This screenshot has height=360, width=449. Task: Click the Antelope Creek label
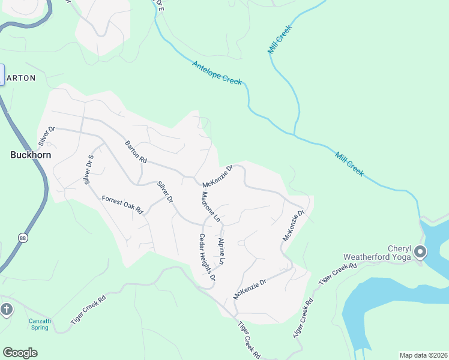click(x=217, y=73)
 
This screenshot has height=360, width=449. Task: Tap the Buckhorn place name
click(x=31, y=155)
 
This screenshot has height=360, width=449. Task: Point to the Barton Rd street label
click(x=136, y=152)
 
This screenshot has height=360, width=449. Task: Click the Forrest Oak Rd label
click(x=122, y=205)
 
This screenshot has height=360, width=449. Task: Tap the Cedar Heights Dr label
click(x=207, y=257)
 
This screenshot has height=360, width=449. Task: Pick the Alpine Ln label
click(x=221, y=251)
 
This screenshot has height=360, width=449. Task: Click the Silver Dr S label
click(x=90, y=169)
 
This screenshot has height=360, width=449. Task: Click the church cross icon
click(x=7, y=310)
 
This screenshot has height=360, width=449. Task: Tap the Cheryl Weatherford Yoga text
click(x=377, y=253)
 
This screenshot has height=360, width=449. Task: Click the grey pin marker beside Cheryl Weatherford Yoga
click(x=420, y=252)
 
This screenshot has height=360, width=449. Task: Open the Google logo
click(x=20, y=353)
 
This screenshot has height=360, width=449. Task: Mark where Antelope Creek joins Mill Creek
click(x=295, y=135)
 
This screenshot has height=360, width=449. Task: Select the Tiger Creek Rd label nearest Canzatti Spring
click(x=88, y=310)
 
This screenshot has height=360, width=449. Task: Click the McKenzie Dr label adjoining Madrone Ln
click(x=217, y=176)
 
